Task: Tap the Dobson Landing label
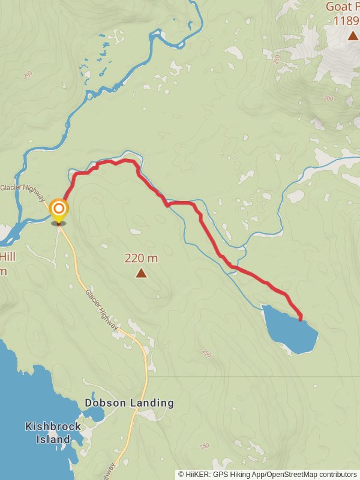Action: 129,403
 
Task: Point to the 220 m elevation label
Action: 141,259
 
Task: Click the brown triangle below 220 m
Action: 141,274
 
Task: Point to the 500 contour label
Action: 328,98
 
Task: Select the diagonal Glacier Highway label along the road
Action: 102,309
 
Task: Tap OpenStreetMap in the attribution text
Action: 290,474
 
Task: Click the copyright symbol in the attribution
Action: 181,474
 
